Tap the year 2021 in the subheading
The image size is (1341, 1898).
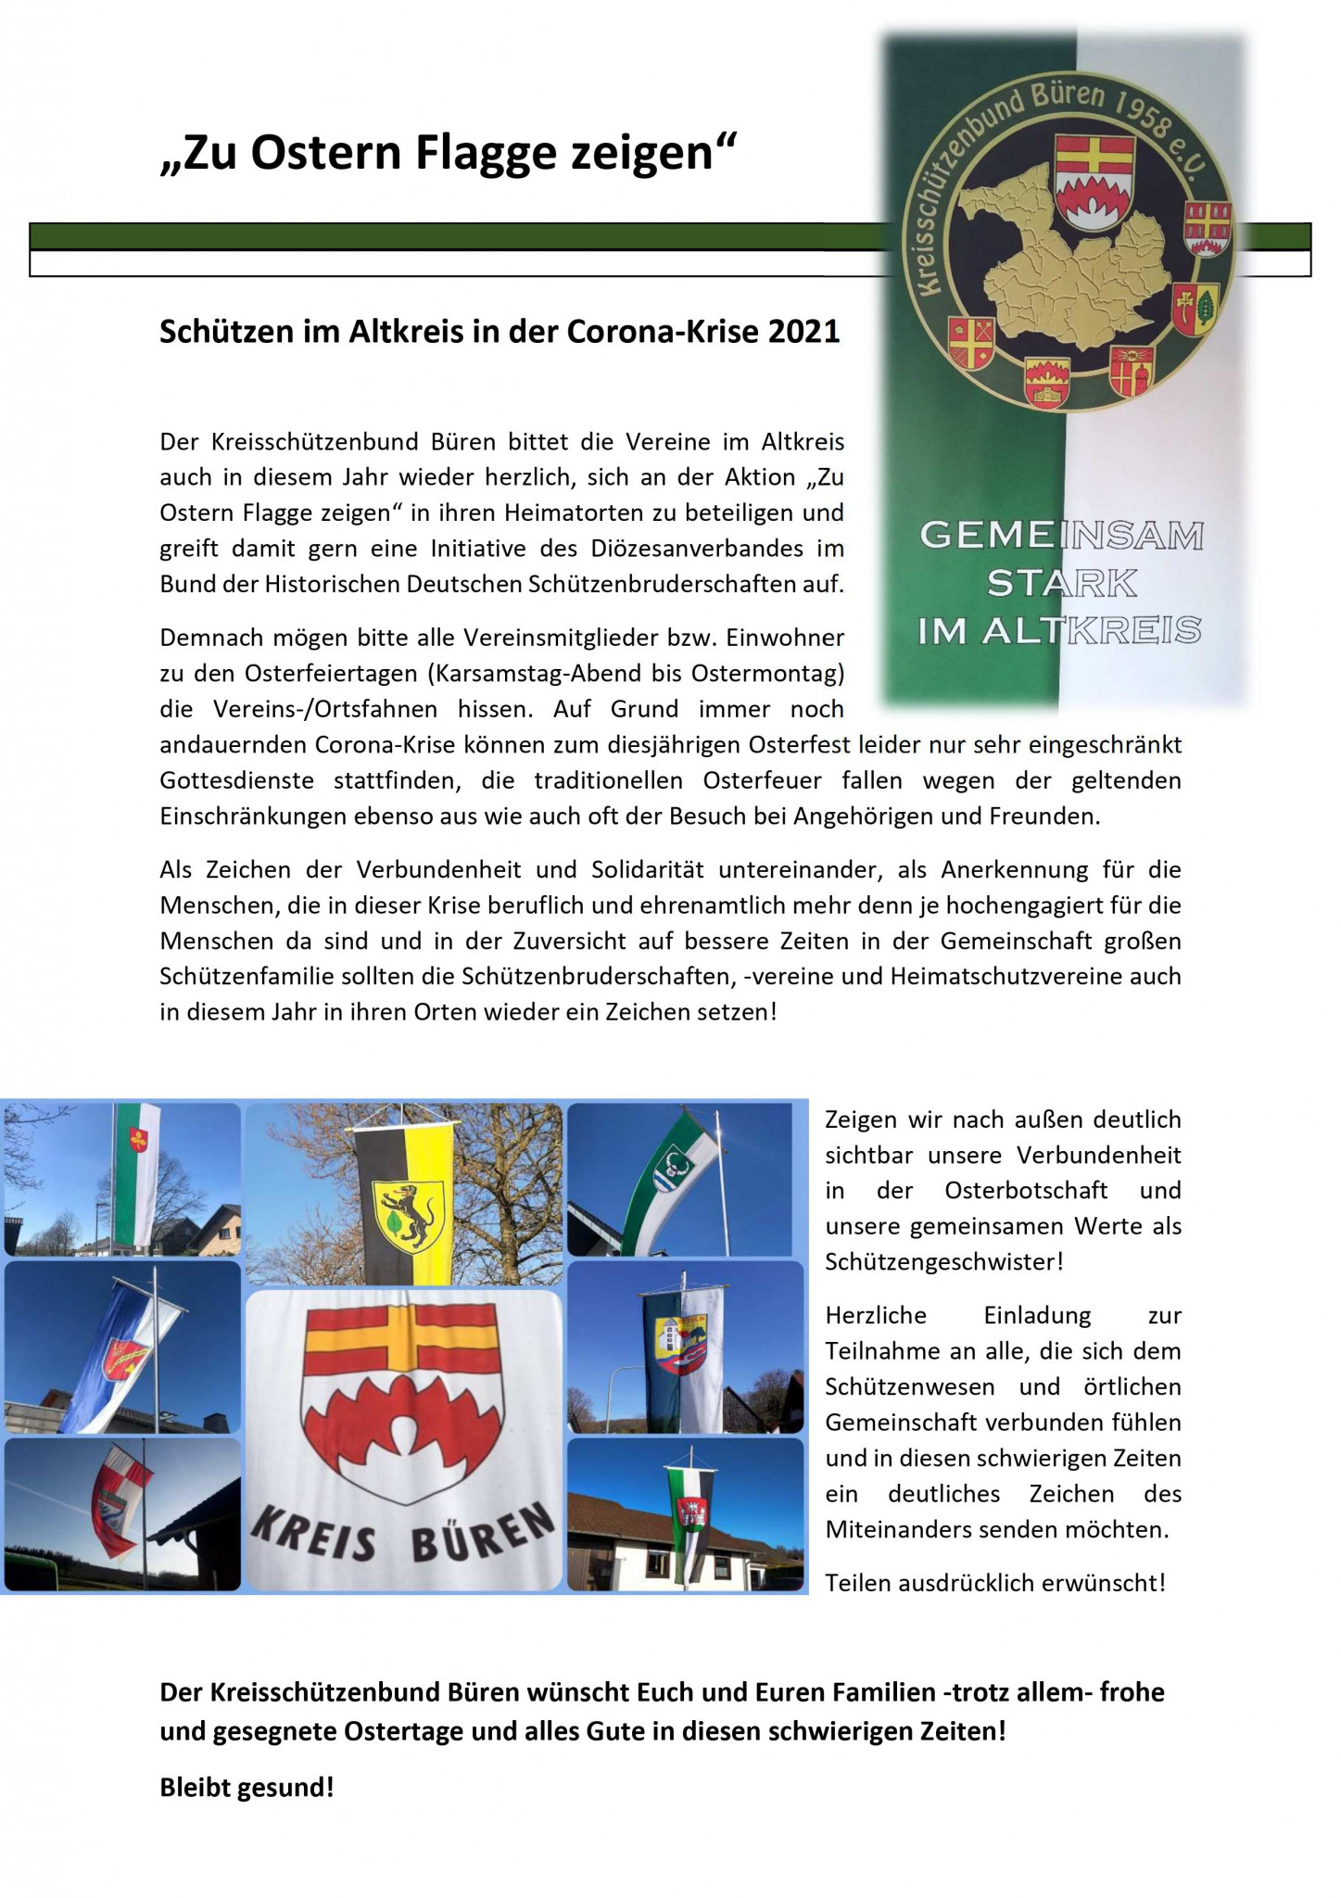[803, 332]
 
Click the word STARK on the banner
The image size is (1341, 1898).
[1062, 584]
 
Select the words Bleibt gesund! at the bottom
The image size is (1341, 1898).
[247, 1787]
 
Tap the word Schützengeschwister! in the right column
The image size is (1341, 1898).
[944, 1261]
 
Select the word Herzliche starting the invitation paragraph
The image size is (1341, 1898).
[876, 1315]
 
